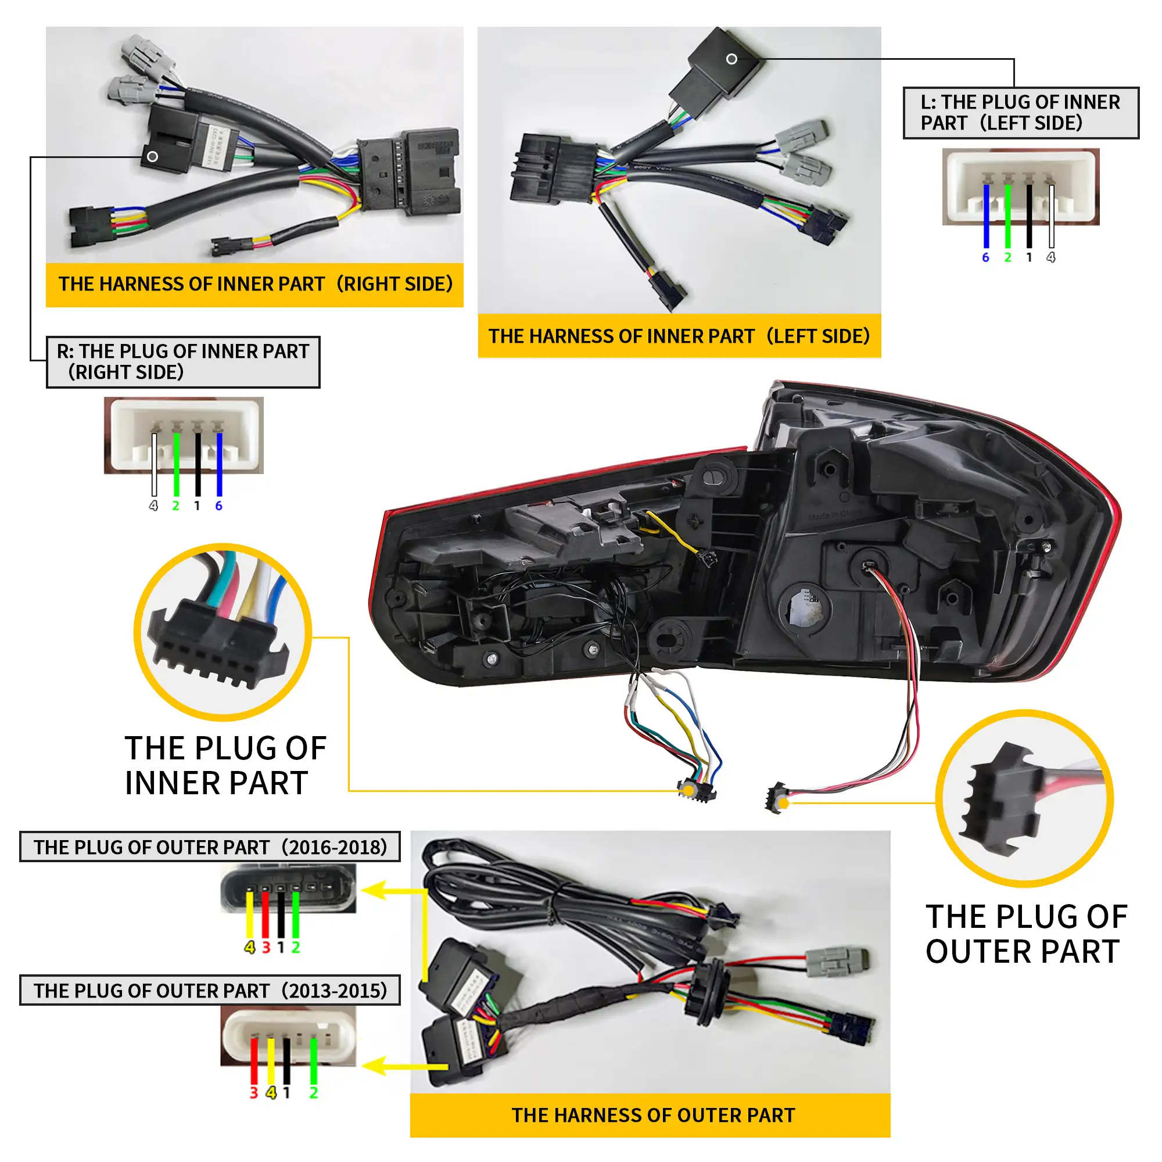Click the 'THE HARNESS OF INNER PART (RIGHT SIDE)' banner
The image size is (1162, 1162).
click(254, 284)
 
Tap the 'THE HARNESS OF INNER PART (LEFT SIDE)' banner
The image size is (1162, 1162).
click(679, 336)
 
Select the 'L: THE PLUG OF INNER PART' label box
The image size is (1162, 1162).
click(1021, 113)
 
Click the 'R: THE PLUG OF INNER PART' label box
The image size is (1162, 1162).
click(183, 361)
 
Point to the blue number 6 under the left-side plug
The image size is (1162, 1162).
click(985, 257)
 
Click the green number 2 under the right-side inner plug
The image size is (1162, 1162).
click(175, 506)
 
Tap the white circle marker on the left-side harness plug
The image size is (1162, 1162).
click(731, 59)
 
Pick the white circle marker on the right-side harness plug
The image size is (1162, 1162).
click(153, 156)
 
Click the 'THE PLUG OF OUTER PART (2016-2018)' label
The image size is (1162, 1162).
click(210, 847)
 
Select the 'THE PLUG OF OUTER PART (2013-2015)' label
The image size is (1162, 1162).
click(210, 991)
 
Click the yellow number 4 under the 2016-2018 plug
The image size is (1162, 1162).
click(250, 948)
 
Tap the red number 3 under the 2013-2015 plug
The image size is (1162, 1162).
click(254, 1093)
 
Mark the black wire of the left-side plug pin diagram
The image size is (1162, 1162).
click(1029, 217)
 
